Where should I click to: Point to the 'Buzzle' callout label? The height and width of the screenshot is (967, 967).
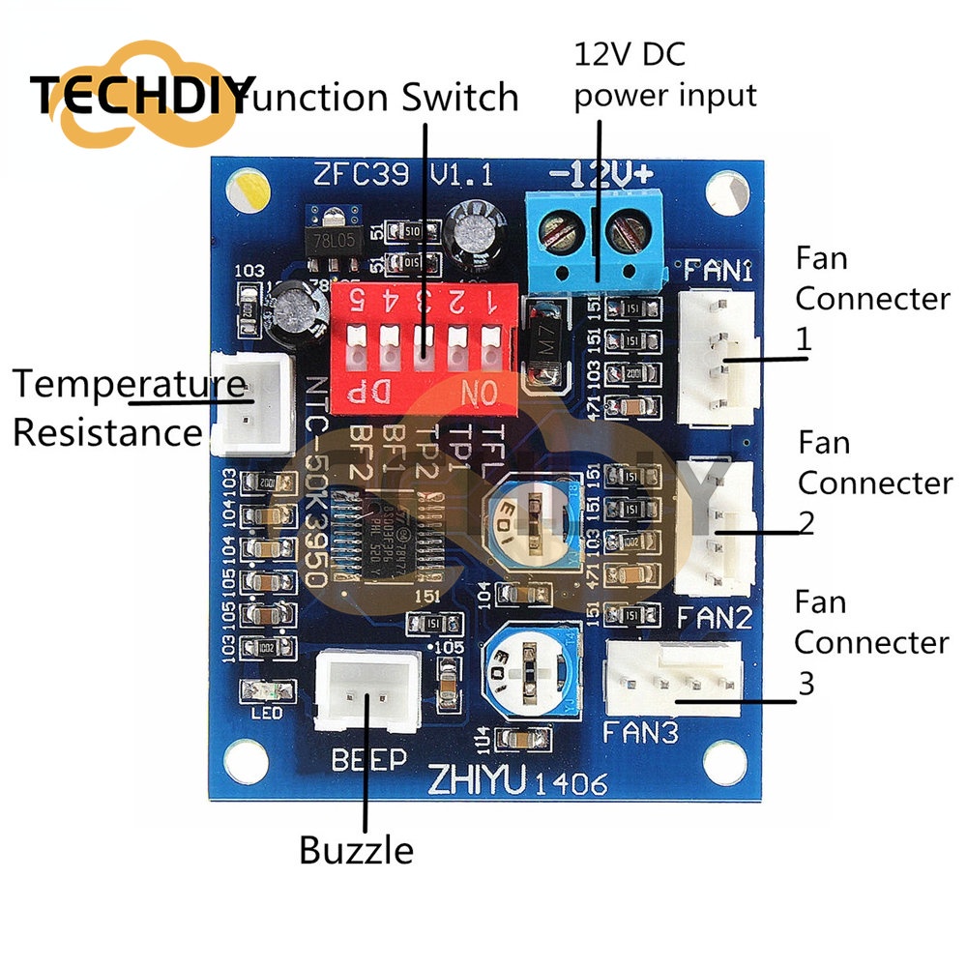coord(356,851)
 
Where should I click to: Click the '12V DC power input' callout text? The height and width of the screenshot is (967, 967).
coord(665,74)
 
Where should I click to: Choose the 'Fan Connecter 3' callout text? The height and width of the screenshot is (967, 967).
coord(870,642)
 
